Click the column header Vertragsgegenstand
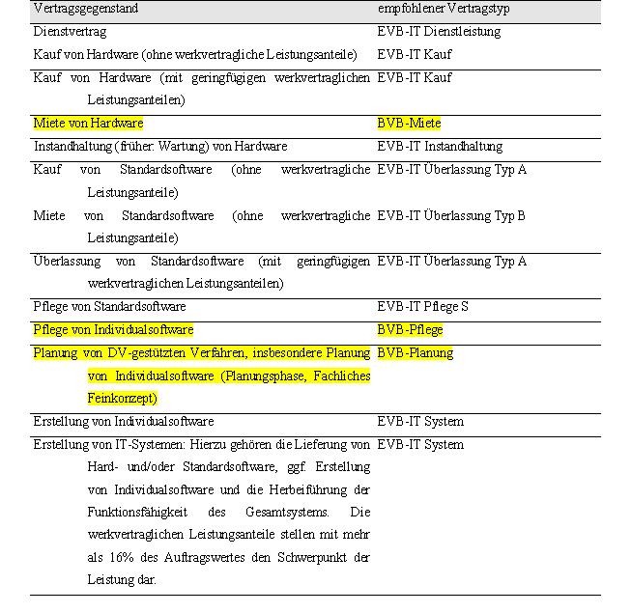pos(86,9)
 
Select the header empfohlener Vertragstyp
pos(443,9)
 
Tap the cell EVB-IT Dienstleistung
pos(439,32)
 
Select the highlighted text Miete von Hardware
pos(88,124)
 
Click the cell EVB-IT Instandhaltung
pos(440,147)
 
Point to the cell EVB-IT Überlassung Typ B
pos(451,215)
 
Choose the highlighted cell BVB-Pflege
pos(410,330)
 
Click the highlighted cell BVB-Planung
pos(415,353)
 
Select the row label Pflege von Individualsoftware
pos(113,330)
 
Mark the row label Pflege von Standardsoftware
pos(109,307)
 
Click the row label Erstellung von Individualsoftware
pos(124,422)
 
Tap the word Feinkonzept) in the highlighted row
pos(122,399)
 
